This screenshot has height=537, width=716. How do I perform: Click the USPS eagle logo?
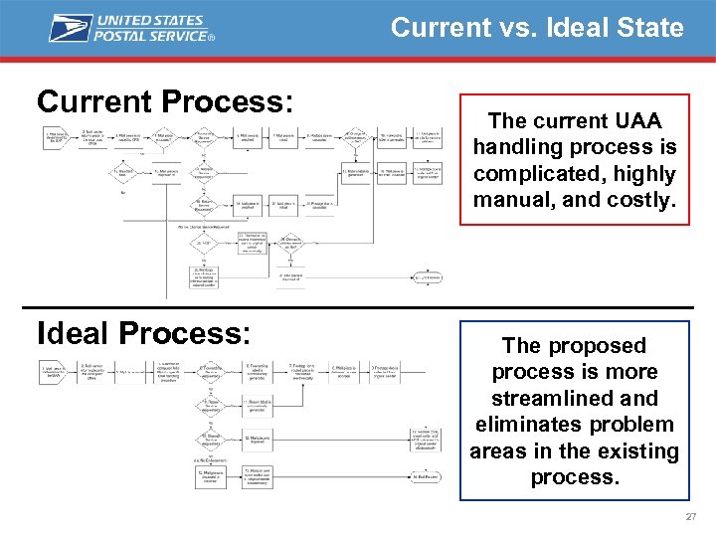tap(71, 27)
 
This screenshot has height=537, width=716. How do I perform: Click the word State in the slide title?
tap(647, 27)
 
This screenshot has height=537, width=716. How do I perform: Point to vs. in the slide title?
tap(520, 27)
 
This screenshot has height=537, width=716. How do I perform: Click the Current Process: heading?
tap(165, 101)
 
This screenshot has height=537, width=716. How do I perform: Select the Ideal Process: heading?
tap(143, 333)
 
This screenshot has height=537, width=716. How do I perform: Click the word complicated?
tap(533, 173)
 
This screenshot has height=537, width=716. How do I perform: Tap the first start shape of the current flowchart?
tap(55, 136)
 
